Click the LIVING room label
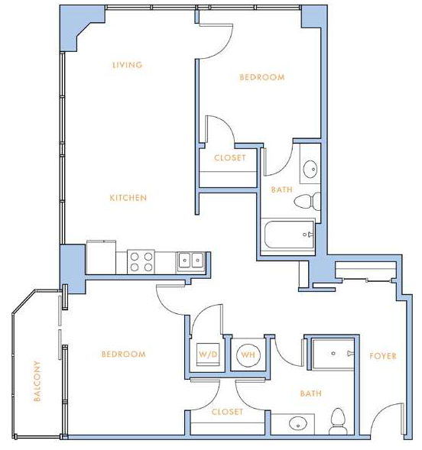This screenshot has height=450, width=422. pos(127,65)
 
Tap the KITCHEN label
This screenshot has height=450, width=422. pos(128,198)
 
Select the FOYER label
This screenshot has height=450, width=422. pos(383,356)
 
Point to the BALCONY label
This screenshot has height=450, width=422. pos(37,380)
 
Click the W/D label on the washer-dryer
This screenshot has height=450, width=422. pos(208,354)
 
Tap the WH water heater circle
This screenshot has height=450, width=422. pos(248,355)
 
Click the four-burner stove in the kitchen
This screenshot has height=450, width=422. pos(141,262)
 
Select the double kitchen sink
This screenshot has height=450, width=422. pos(191,262)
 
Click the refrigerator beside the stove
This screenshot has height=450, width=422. pos(101,257)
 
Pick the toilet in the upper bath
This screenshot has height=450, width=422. pos(307,201)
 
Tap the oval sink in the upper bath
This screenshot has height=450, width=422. pos(310,169)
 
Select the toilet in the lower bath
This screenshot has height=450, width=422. pos(339,422)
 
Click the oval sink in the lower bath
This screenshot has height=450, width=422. pos(298,424)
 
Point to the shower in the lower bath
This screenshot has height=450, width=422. pos(333,354)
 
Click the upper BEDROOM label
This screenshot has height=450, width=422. pos(262,77)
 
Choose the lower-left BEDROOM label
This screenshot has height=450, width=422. pos(123,354)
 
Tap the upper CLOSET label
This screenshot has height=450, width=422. pos(230,158)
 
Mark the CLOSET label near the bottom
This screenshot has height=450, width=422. pos(227,412)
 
